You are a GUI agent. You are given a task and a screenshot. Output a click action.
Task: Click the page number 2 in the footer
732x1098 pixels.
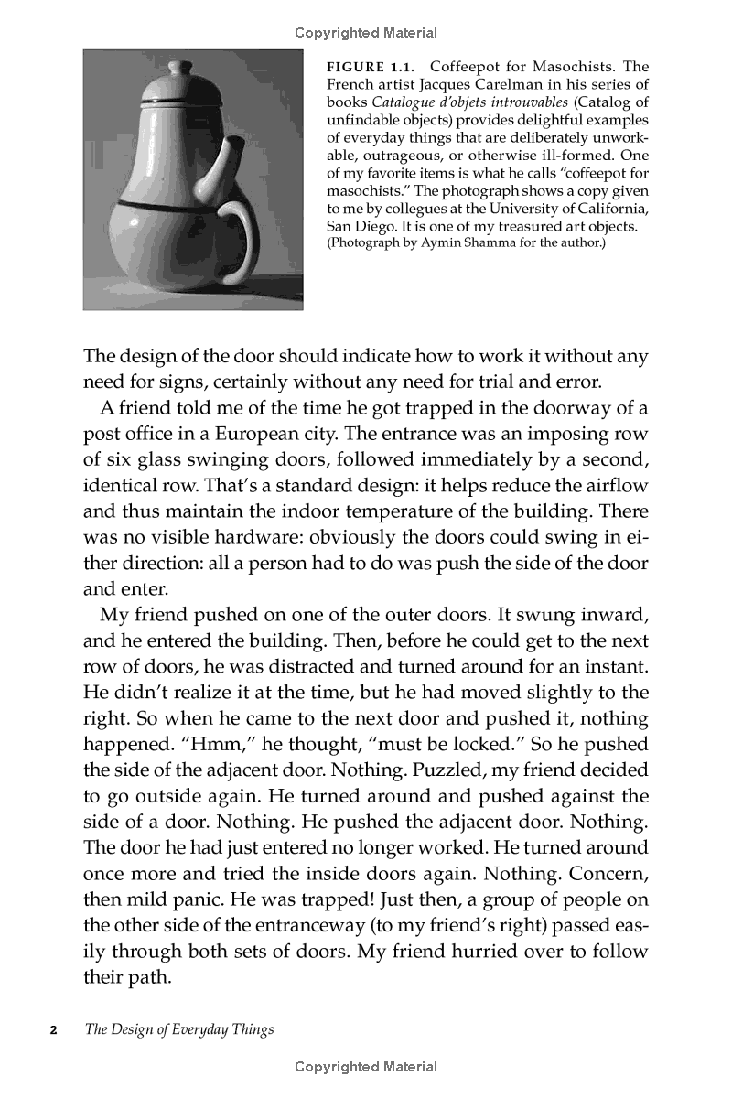point(53,1029)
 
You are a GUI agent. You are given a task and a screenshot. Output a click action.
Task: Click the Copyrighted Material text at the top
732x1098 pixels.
point(366,33)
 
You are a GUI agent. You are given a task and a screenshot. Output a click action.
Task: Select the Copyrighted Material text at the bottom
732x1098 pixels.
point(366,1067)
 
